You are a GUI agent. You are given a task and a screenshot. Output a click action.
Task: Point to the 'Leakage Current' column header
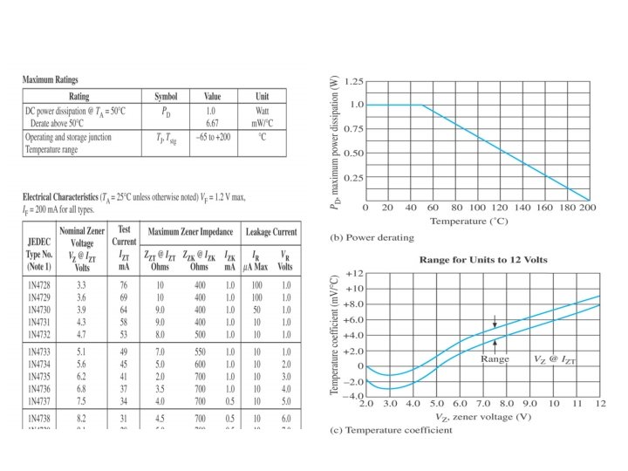[270, 232]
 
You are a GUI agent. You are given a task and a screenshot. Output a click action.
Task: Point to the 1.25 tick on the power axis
[353, 81]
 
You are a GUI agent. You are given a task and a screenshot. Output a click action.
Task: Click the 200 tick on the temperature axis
[587, 208]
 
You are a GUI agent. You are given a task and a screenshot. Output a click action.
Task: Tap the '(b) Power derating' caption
[371, 236]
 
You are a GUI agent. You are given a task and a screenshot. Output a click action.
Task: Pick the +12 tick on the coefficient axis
[352, 273]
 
